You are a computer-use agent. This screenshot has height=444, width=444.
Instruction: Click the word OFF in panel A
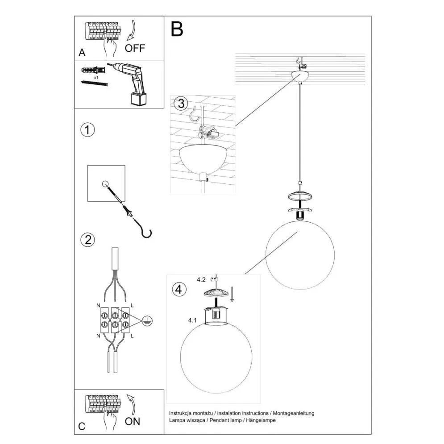coord(135,48)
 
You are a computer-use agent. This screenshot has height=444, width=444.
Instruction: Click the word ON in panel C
coord(132,421)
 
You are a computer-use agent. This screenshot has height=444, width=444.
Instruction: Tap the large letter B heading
coord(177,29)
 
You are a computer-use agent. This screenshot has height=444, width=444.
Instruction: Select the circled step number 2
coord(87,240)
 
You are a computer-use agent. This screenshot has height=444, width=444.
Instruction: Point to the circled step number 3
coord(180,104)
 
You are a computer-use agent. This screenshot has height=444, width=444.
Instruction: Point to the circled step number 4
coord(178,289)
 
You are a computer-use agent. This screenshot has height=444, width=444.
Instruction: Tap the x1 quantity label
coord(95,78)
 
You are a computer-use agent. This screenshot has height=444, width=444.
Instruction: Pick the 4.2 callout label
coord(201,280)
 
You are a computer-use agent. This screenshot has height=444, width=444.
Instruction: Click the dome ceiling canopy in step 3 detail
coord(202,159)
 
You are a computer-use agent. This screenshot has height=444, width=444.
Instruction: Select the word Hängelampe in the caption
coord(262,421)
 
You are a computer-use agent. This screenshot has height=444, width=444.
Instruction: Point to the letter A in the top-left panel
coord(82,53)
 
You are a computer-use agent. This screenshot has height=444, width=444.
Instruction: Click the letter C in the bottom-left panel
coord(82,426)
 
